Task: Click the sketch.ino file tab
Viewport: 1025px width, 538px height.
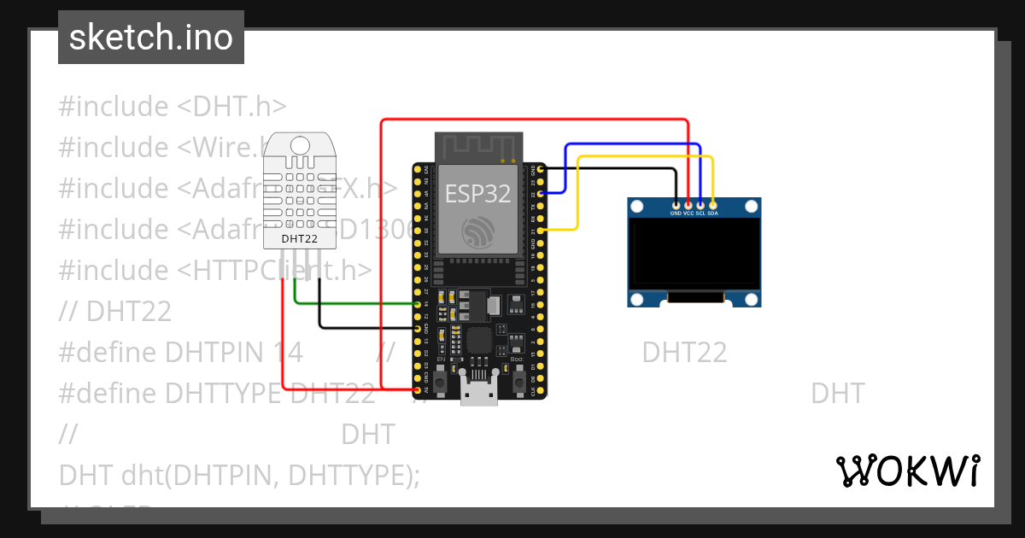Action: coord(150,38)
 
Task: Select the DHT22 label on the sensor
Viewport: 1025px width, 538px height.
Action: coord(299,239)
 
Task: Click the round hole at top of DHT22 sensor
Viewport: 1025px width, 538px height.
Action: coord(299,146)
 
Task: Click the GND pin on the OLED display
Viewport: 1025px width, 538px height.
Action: coord(676,205)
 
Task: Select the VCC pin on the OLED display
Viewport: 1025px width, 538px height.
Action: coord(688,205)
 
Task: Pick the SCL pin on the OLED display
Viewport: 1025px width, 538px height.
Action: coord(700,205)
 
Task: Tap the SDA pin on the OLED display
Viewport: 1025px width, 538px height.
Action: coord(712,205)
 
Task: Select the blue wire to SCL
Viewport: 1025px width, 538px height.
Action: coord(632,144)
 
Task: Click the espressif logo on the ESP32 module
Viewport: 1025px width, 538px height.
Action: coord(477,232)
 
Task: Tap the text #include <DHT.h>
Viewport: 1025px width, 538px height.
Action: coord(172,107)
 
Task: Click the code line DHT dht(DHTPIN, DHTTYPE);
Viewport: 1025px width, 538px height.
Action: coord(239,476)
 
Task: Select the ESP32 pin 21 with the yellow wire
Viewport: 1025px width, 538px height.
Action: coord(539,231)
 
